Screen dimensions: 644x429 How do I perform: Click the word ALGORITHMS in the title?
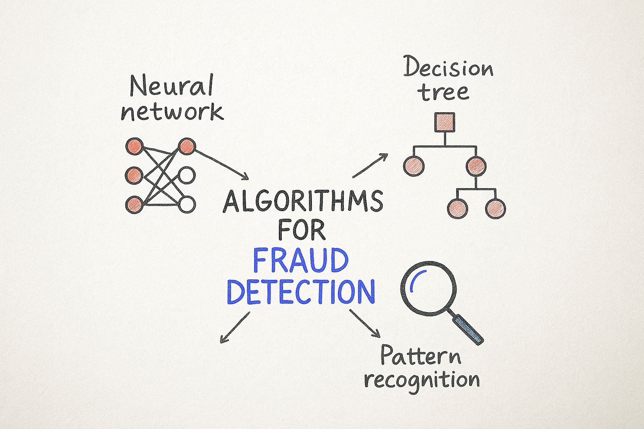pyautogui.click(x=303, y=202)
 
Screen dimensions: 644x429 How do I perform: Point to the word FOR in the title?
pyautogui.click(x=302, y=230)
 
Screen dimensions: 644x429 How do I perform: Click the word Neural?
pyautogui.click(x=172, y=85)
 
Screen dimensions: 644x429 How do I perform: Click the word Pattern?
pyautogui.click(x=421, y=355)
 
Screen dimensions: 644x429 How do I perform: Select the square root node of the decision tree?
pyautogui.click(x=445, y=122)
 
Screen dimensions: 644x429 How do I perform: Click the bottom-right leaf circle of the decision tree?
pyautogui.click(x=496, y=209)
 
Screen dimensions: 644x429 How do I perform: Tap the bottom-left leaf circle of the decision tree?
pyautogui.click(x=458, y=209)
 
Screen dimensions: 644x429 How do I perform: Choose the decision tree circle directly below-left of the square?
pyautogui.click(x=414, y=166)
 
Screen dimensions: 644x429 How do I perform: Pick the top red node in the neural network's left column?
pyautogui.click(x=135, y=147)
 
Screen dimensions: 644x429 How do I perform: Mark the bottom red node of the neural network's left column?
pyautogui.click(x=134, y=204)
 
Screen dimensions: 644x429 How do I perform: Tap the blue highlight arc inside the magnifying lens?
pyautogui.click(x=416, y=278)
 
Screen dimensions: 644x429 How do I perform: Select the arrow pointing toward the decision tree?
pyautogui.click(x=370, y=165)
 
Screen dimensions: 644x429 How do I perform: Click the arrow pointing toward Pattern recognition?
pyautogui.click(x=364, y=323)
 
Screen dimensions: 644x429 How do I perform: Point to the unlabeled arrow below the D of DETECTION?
pyautogui.click(x=235, y=327)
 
